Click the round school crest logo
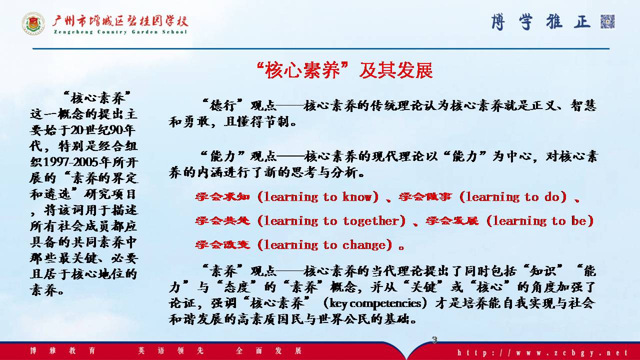click(33, 23)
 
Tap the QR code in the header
click(607, 21)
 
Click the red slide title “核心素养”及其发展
click(344, 70)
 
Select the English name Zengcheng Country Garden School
click(120, 32)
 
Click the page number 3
click(434, 339)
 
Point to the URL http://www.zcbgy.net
click(542, 352)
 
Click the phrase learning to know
click(318, 197)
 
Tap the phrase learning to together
click(331, 221)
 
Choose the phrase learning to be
click(540, 221)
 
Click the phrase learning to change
click(324, 245)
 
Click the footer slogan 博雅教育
click(62, 350)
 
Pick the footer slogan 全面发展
click(269, 350)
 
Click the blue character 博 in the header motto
click(498, 22)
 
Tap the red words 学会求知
click(222, 197)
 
